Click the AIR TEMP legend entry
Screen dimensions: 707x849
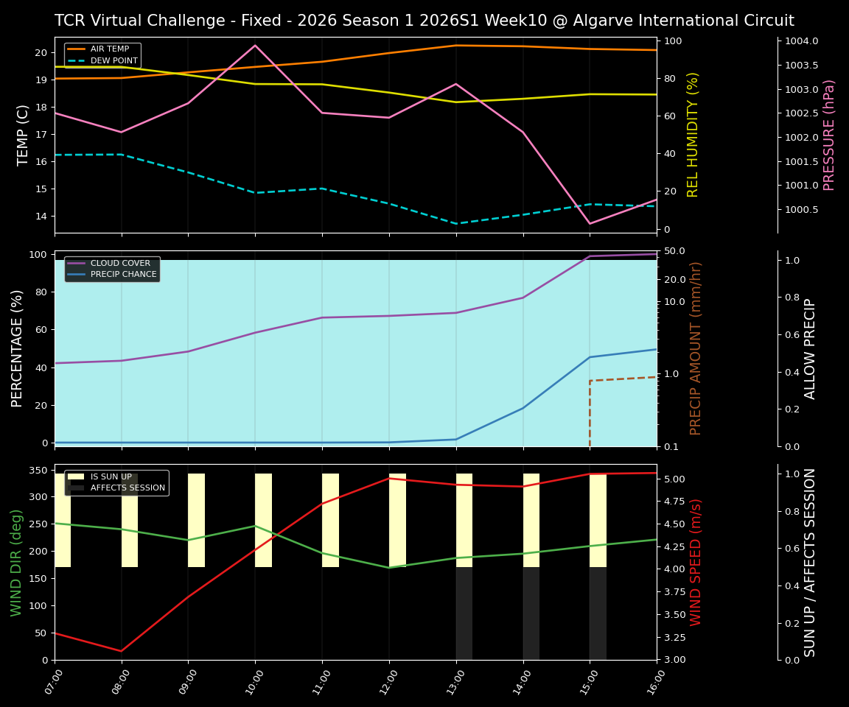[110, 49]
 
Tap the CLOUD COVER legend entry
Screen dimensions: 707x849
[120, 263]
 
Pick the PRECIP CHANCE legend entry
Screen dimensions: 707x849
[123, 275]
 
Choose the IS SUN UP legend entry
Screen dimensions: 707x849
[111, 476]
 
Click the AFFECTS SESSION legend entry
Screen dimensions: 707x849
[127, 488]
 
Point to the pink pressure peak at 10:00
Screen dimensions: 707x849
[255, 46]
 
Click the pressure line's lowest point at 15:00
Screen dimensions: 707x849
[590, 223]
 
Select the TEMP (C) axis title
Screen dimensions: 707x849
[24, 135]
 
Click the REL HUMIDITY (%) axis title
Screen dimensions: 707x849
[693, 135]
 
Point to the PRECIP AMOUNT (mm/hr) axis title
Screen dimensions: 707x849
[696, 348]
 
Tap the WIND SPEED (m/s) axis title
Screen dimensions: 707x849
[696, 562]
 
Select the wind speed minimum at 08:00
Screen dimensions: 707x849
[122, 651]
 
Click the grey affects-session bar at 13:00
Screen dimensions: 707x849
[464, 613]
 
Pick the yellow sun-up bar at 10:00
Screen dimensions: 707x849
[263, 520]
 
